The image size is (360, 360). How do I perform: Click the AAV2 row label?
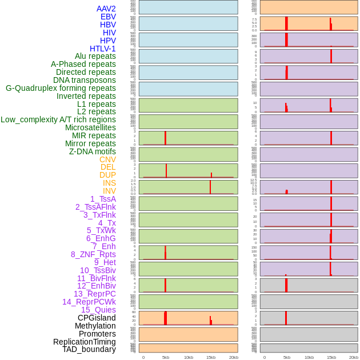(x=106, y=9)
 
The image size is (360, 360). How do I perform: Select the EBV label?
(x=108, y=17)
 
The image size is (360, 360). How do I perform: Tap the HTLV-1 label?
(x=102, y=49)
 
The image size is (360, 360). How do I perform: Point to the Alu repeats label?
(x=95, y=56)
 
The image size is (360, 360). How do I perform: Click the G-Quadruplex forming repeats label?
(x=61, y=88)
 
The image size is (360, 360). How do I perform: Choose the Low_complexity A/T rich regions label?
(x=58, y=119)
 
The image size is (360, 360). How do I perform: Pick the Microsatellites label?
(x=90, y=127)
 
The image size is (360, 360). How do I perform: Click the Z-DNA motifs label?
(x=93, y=151)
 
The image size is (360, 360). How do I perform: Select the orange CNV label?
(x=107, y=159)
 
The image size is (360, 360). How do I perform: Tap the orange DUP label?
(x=107, y=175)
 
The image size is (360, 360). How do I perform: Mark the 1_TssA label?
(x=103, y=199)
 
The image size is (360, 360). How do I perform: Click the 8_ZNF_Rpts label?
(x=93, y=254)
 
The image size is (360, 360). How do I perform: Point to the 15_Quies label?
(x=98, y=310)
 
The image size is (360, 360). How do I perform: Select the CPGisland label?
(x=97, y=318)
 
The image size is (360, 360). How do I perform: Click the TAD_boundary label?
(x=89, y=349)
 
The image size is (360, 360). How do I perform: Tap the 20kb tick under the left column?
(x=233, y=357)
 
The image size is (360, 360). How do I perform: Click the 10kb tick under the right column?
(x=309, y=357)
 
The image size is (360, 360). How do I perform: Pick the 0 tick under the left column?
(x=143, y=357)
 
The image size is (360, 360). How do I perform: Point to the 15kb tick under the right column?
(x=331, y=357)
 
